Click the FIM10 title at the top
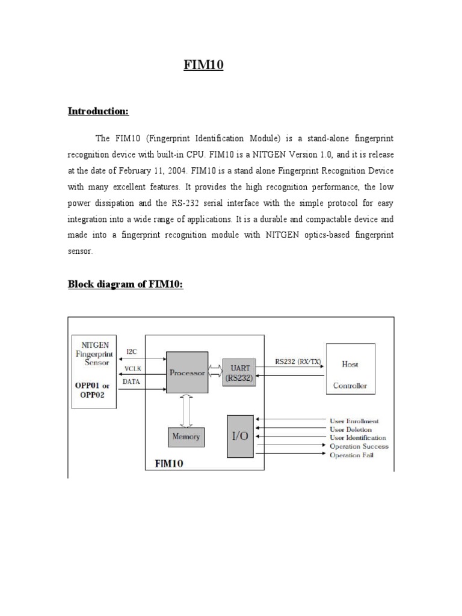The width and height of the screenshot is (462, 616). [x=203, y=66]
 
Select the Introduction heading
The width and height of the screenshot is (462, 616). [x=98, y=111]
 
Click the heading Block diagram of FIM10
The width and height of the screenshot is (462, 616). [x=125, y=284]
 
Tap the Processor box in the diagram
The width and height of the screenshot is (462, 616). [x=187, y=373]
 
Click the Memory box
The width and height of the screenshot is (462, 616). [x=186, y=437]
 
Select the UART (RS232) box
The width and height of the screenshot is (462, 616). [x=239, y=372]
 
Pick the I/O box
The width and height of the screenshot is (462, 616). [x=239, y=436]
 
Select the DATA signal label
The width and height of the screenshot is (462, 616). [x=132, y=381]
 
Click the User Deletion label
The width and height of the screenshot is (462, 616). [x=351, y=430]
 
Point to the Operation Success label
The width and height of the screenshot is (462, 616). [x=359, y=446]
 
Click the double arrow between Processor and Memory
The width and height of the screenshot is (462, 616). [x=186, y=410]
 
